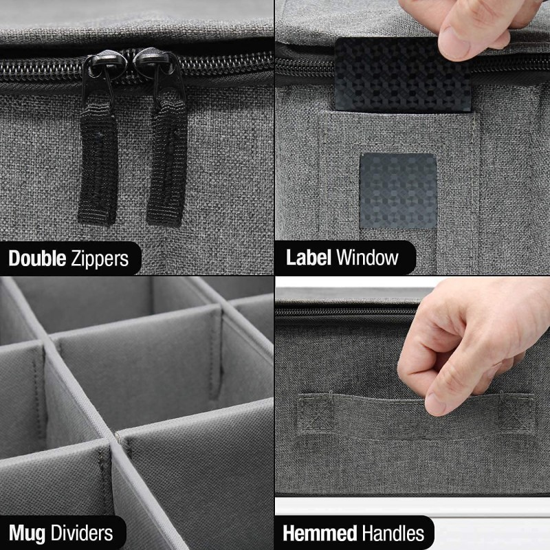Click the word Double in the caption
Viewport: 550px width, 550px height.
(37, 258)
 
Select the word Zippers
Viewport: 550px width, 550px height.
(100, 258)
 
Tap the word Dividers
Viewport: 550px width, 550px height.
(79, 533)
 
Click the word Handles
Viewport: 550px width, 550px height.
(389, 533)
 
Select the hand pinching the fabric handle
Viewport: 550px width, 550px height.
(467, 344)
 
